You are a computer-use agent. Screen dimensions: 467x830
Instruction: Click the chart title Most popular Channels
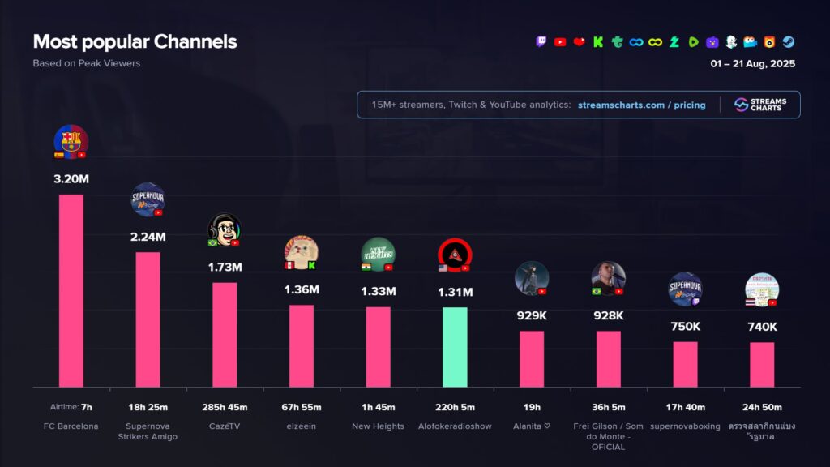click(135, 41)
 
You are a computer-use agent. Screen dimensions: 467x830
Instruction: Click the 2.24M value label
click(148, 237)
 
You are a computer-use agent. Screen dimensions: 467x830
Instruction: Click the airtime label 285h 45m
click(225, 407)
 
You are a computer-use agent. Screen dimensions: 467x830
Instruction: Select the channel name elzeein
click(301, 426)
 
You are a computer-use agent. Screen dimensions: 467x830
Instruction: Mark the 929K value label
click(532, 315)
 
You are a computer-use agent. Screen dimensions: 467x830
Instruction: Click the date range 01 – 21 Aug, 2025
click(753, 63)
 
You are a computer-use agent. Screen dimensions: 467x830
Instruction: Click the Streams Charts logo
click(758, 105)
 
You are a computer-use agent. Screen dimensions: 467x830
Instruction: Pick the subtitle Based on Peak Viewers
click(86, 63)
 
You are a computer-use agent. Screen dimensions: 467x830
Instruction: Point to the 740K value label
click(762, 327)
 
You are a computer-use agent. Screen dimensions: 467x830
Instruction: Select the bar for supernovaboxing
click(685, 364)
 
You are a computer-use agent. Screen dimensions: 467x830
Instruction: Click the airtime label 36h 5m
click(609, 407)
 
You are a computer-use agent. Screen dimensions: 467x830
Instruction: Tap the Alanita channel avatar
click(532, 278)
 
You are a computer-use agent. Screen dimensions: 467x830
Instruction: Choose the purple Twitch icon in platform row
click(541, 42)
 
